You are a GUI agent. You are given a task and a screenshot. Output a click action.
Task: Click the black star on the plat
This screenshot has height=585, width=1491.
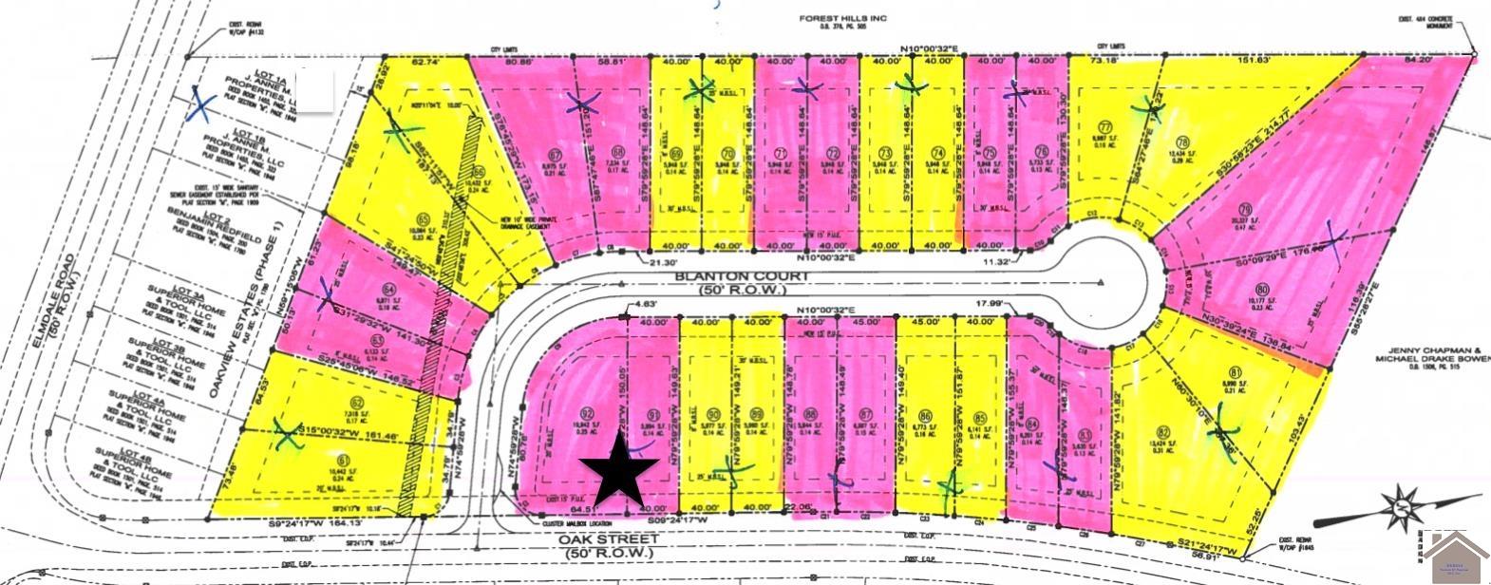pos(618,470)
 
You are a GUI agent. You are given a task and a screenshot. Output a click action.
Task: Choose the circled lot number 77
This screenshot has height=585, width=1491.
pos(1104,127)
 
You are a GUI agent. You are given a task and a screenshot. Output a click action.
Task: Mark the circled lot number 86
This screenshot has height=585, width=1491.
pos(925,414)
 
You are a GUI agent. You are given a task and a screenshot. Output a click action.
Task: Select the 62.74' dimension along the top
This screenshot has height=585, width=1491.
pos(426,63)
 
